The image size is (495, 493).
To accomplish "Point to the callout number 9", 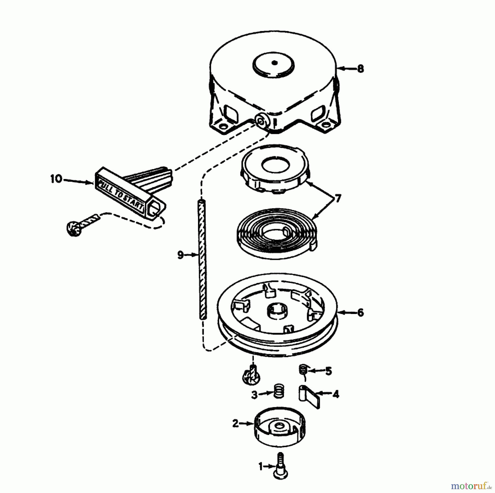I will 180,255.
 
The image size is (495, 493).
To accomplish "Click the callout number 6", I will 360,313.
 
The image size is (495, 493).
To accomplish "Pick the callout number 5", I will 329,371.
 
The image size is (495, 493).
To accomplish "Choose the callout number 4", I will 336,394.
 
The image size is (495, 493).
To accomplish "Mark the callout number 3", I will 254,395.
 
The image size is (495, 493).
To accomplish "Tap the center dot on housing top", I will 274,63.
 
